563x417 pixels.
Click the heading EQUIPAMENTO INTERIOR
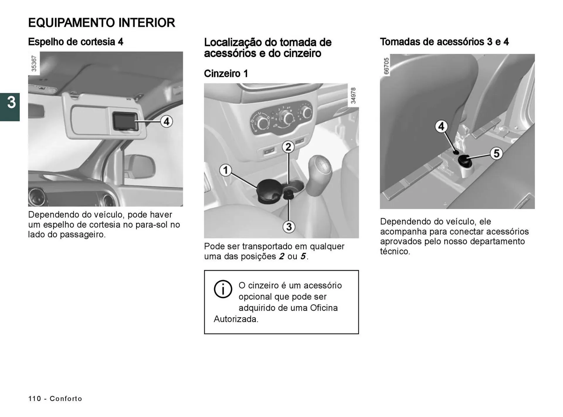click(101, 23)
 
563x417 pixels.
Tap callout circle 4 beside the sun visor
click(166, 121)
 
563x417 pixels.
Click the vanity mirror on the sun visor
click(125, 121)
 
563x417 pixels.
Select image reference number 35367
click(34, 63)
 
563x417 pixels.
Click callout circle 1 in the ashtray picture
click(225, 170)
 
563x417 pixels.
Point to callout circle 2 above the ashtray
click(288, 147)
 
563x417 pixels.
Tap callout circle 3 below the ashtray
click(289, 227)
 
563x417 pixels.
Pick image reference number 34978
click(353, 95)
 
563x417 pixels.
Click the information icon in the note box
click(223, 289)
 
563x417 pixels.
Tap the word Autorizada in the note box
click(236, 319)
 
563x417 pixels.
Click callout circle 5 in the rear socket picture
click(496, 153)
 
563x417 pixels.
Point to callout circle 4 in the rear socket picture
click(441, 126)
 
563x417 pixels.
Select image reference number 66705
click(386, 66)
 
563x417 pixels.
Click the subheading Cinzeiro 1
click(226, 73)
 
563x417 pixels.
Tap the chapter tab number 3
click(11, 103)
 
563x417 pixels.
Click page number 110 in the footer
click(35, 399)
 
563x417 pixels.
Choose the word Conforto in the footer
click(66, 399)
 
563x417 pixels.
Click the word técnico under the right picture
click(395, 251)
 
